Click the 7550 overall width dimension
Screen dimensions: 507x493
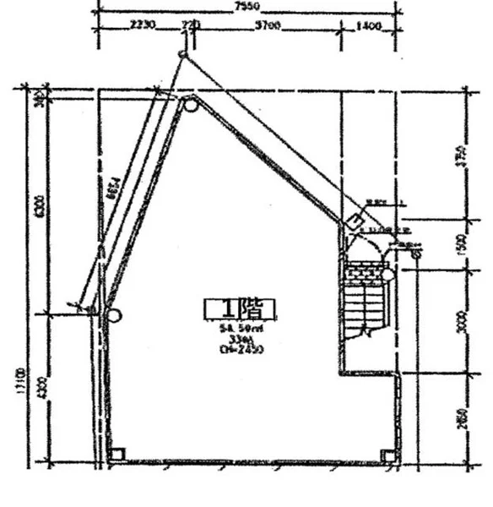pos(241,6)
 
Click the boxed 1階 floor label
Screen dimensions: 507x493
pos(240,308)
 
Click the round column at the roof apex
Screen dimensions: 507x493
pos(191,106)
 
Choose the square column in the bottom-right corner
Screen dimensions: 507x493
pos(387,455)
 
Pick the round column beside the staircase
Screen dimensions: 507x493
pos(387,274)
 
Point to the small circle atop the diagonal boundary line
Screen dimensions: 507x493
pos(181,56)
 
